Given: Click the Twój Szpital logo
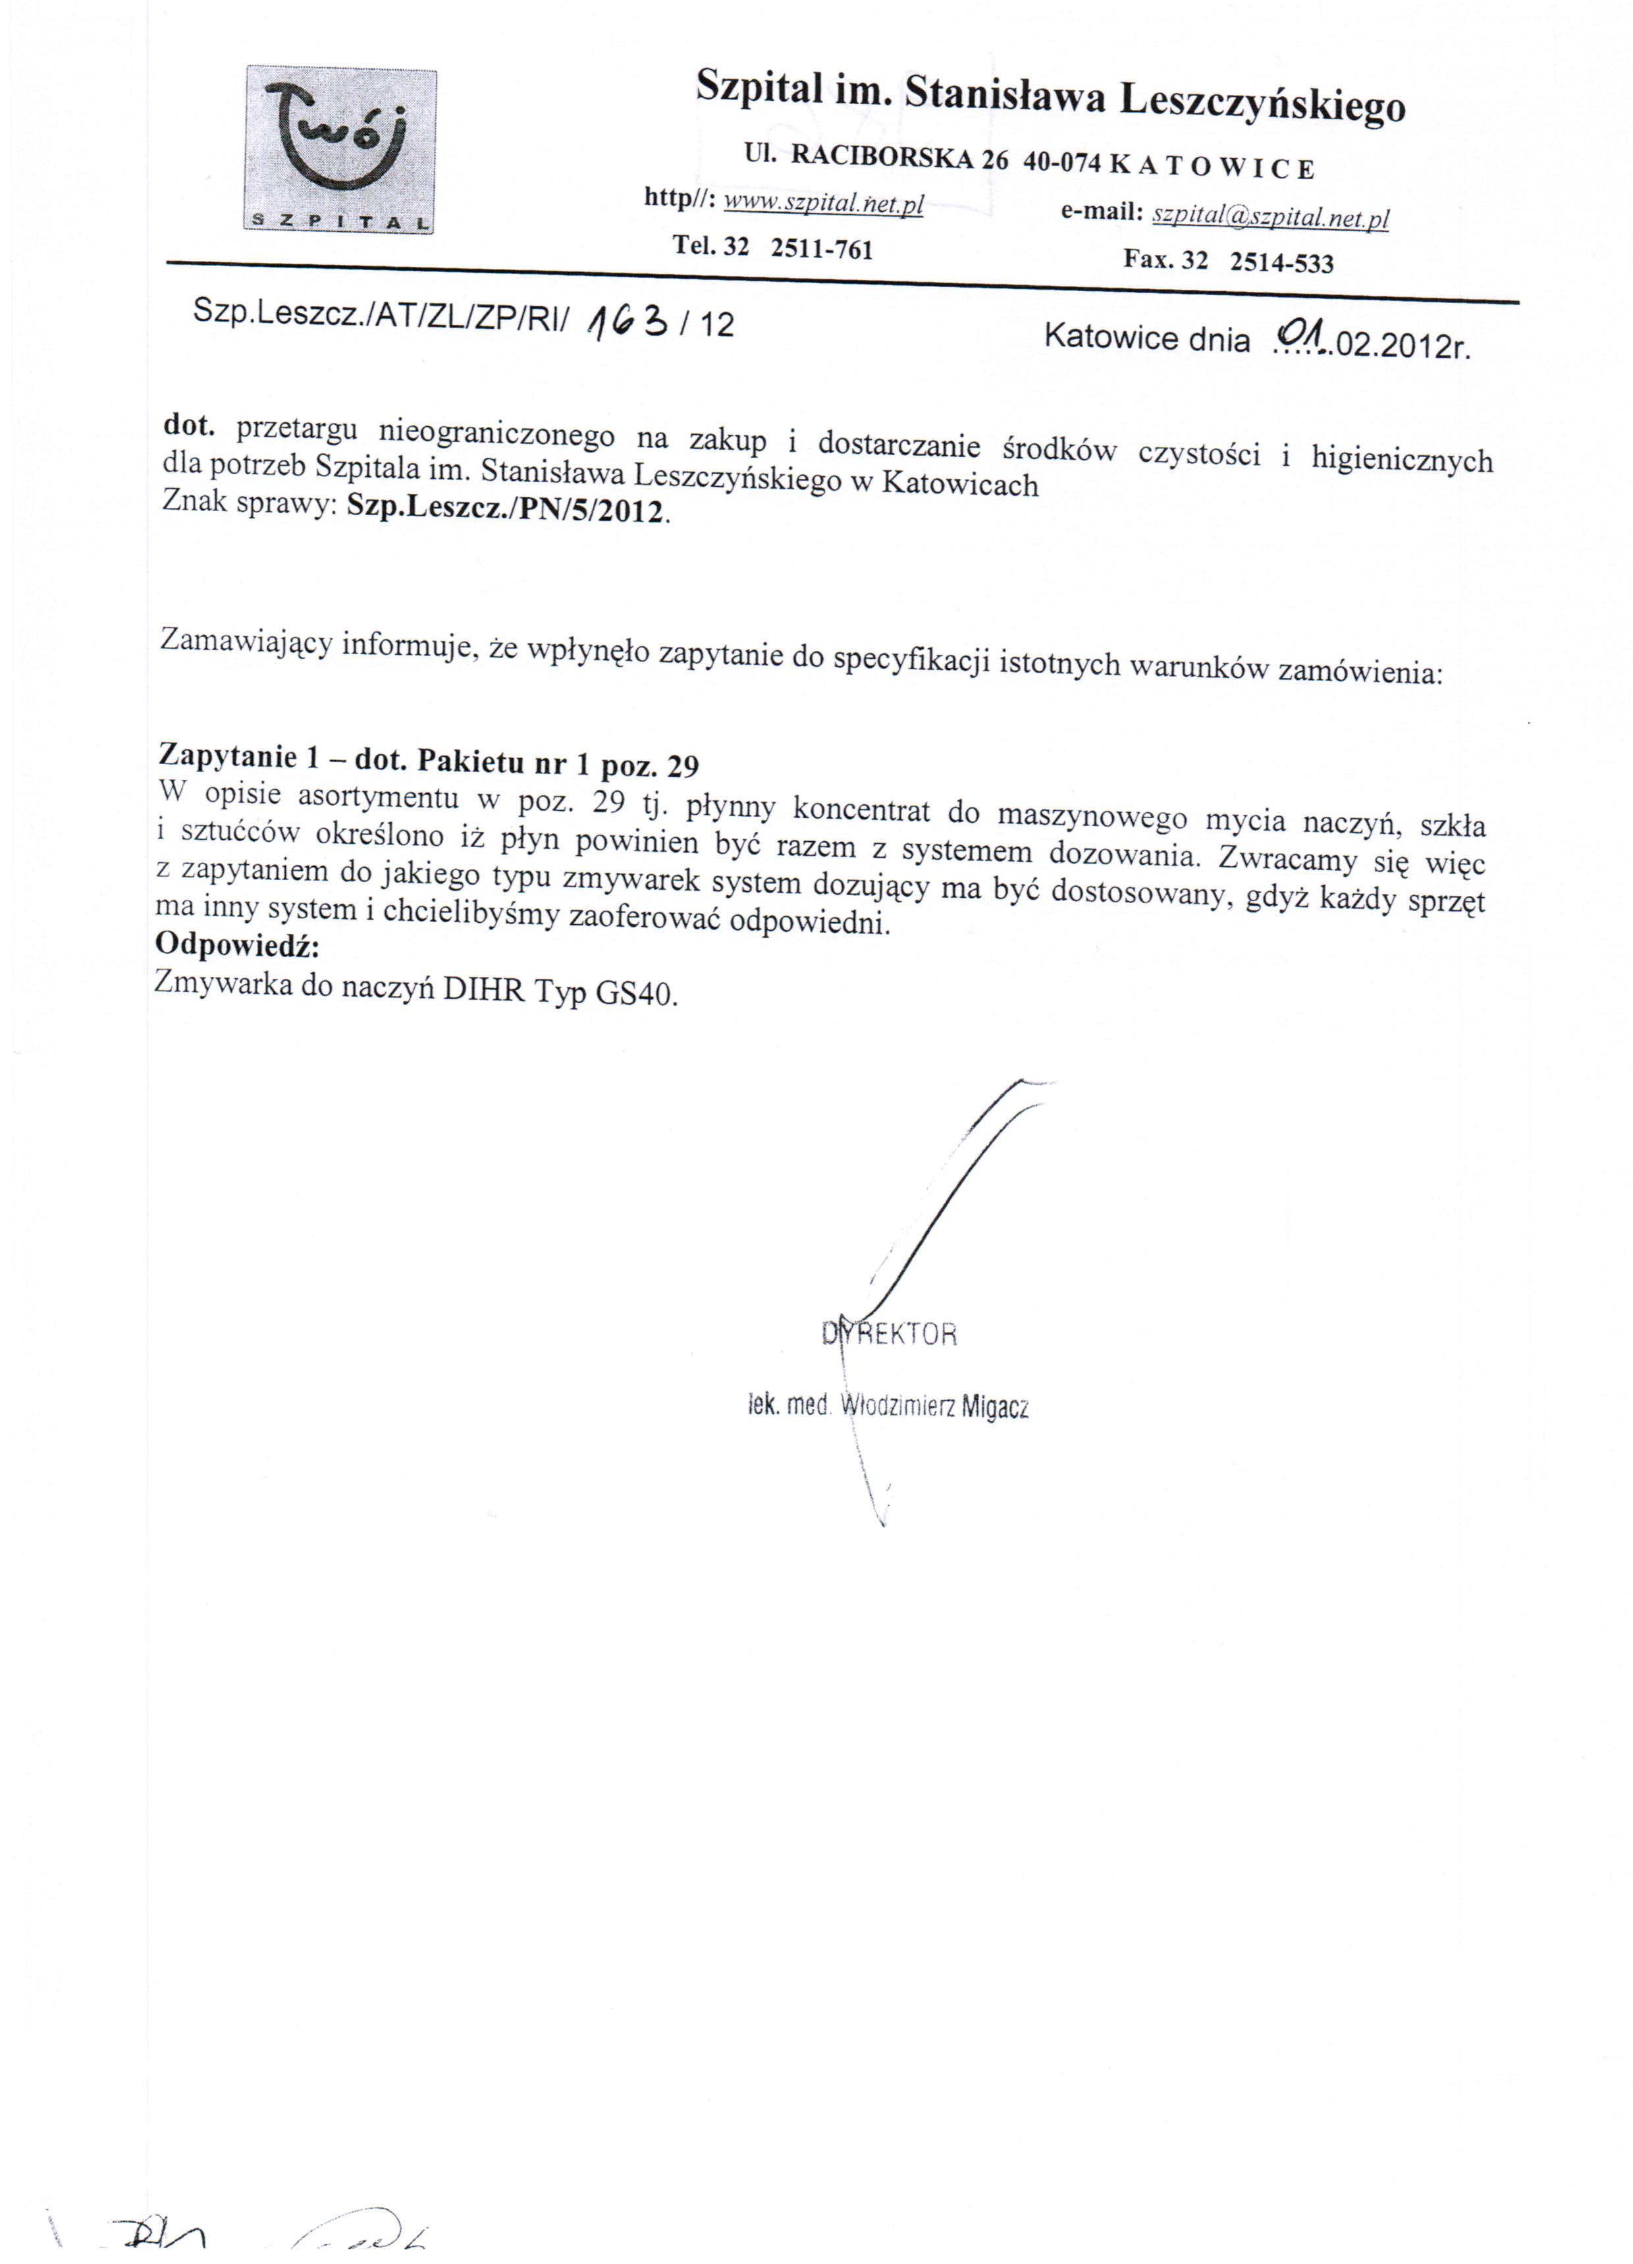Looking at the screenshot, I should coord(339,149).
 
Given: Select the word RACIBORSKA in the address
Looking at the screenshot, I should coord(882,157).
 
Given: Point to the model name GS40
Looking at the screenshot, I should coord(637,994).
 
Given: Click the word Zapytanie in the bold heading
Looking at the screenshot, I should coord(226,755).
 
